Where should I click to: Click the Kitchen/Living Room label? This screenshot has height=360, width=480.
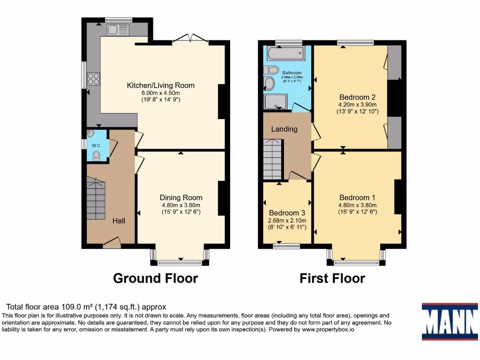coord(160,85)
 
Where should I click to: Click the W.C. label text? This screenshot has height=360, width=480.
coord(96,146)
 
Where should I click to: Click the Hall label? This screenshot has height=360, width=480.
coord(118,220)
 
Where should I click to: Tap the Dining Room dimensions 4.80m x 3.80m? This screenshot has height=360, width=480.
coord(181,205)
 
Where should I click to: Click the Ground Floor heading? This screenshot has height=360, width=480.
coord(155,278)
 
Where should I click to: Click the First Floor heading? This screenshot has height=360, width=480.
coord(332,278)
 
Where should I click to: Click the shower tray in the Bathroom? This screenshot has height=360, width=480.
coord(276,101)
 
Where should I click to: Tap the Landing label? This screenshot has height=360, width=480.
coord(285,129)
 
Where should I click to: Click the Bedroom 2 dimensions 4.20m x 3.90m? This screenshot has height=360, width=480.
coord(357,105)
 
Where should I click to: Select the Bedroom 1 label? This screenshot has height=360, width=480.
coord(357,197)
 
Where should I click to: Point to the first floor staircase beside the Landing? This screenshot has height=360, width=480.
coord(273,162)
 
